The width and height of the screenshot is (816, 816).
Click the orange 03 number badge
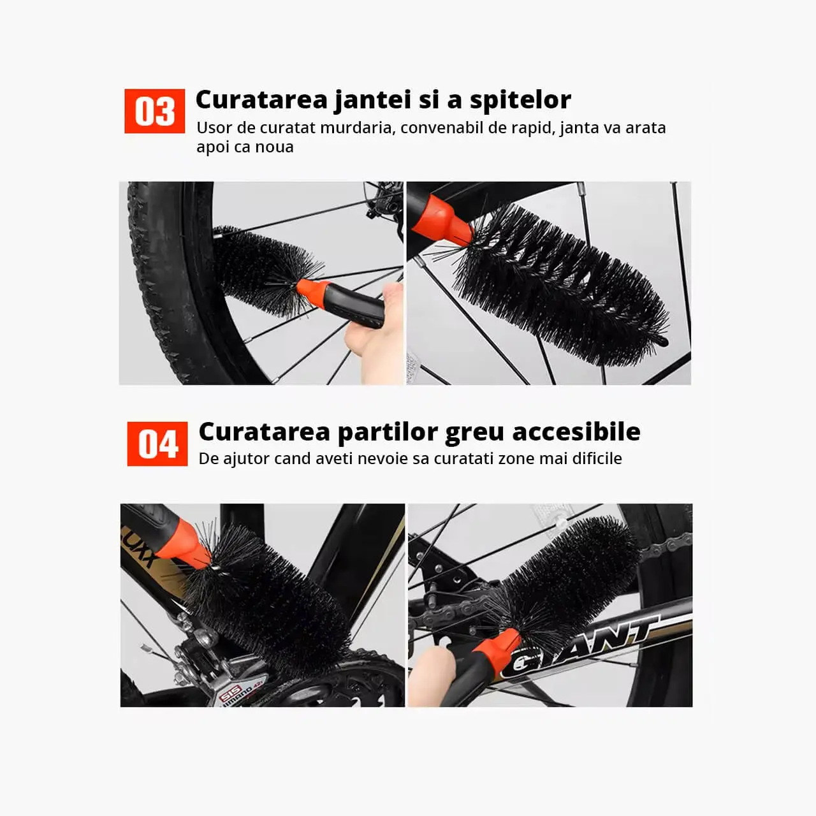coord(154,111)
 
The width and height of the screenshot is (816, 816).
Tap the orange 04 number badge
coord(157,444)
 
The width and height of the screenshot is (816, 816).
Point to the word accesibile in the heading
coord(576,432)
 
